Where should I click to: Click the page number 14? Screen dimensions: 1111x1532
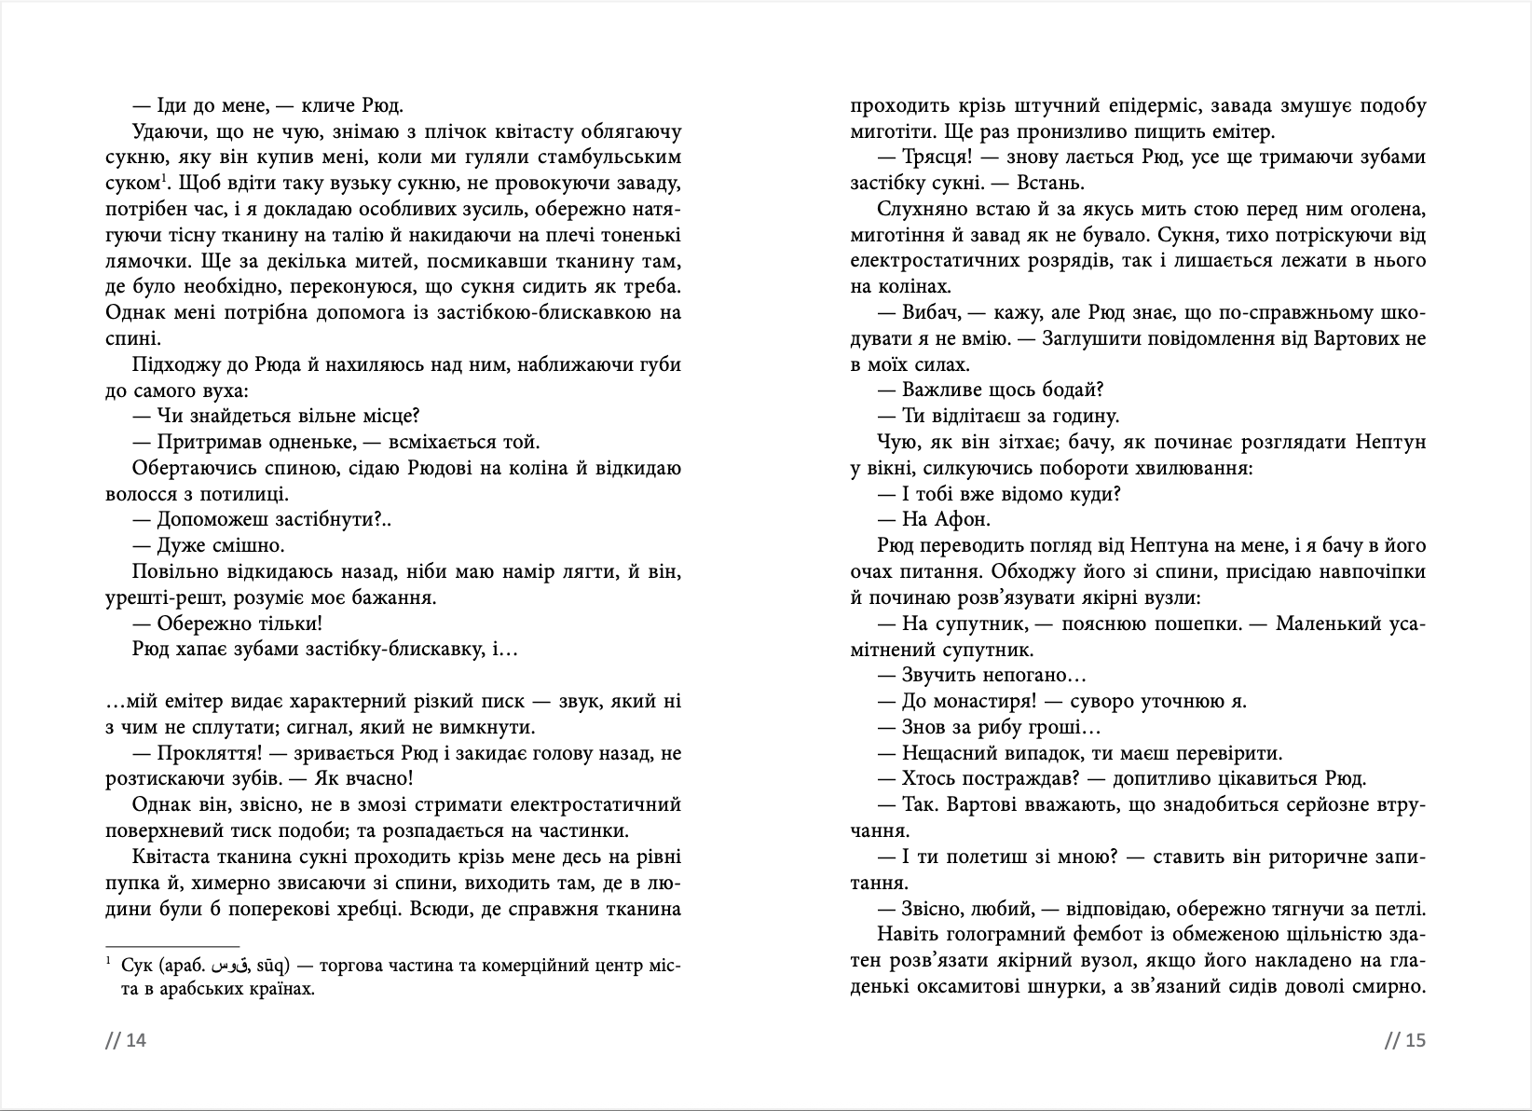(136, 1040)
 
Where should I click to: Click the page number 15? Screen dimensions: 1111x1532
(1416, 1040)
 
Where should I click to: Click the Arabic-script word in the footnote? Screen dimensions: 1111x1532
(230, 966)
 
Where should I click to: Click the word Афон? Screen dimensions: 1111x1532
(964, 519)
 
